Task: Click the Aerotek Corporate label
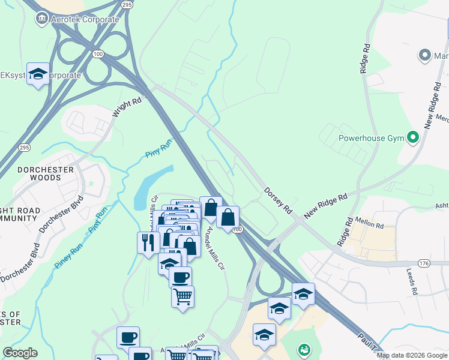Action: [85, 20]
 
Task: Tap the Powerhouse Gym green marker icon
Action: [412, 138]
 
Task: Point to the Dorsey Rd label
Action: [278, 201]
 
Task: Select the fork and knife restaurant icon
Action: [148, 242]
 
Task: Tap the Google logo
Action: [20, 353]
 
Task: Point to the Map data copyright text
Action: [412, 356]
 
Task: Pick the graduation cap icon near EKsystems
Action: [38, 74]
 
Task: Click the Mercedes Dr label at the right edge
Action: [443, 118]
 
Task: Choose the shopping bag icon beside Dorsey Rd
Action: [228, 217]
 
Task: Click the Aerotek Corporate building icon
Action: [42, 19]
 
